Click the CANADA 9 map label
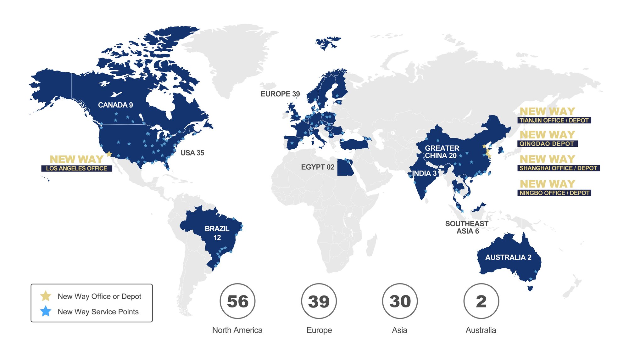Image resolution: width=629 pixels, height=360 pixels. point(115,105)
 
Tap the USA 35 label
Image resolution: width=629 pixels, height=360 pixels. point(192,153)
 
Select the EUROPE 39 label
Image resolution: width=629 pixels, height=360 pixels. point(280,94)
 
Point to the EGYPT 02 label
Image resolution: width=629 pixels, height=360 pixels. point(318,167)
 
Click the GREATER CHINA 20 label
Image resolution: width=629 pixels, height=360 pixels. point(442,152)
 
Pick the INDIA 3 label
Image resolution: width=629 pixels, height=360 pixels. point(424,173)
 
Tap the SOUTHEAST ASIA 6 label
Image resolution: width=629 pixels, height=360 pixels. point(467,228)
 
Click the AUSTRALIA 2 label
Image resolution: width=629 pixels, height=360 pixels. point(508,257)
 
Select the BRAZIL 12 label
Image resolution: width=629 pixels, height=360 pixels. point(217,233)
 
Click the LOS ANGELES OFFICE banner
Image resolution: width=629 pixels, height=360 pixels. point(77,169)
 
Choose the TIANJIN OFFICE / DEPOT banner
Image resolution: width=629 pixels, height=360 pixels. point(554,121)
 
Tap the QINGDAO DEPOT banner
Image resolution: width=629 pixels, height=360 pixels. point(547,144)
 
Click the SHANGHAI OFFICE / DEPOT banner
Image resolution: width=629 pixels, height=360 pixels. point(558,168)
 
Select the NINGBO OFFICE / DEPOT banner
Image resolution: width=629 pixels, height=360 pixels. point(554,193)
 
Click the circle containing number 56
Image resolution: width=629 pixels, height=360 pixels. point(237,301)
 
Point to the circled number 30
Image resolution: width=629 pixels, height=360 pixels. point(400,301)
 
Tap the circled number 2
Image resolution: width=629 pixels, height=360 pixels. point(481,301)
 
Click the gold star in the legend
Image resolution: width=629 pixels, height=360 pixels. point(46,296)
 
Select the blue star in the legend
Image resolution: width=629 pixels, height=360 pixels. point(46,311)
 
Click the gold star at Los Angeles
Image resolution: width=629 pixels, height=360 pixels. point(109,154)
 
